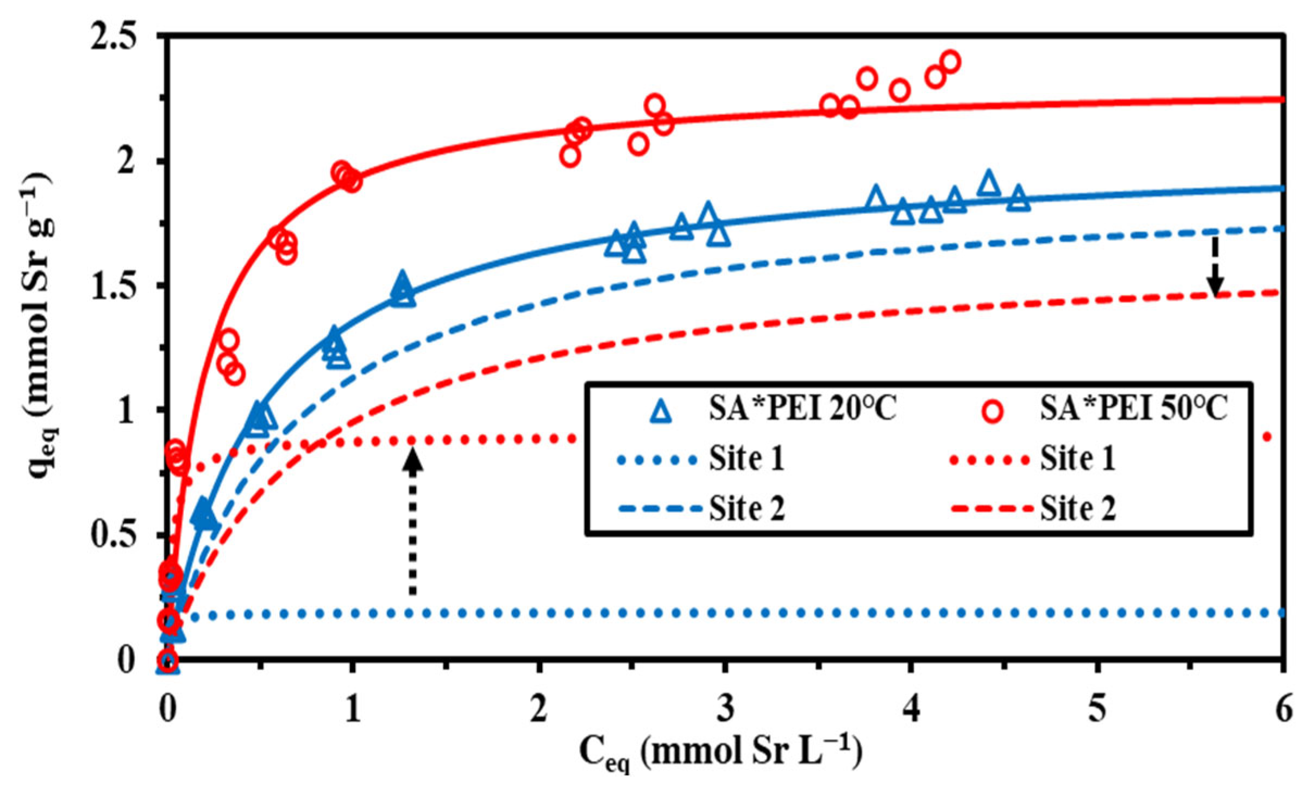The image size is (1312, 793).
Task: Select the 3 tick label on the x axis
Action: click(725, 709)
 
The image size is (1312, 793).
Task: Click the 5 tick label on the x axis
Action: click(1097, 709)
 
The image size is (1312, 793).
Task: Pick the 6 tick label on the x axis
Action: click(1283, 709)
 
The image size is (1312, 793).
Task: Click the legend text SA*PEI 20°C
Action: click(802, 408)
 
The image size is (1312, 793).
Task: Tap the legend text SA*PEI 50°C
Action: click(1133, 408)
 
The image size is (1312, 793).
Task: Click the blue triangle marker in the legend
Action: click(661, 411)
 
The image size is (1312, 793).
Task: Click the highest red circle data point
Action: click(950, 61)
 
